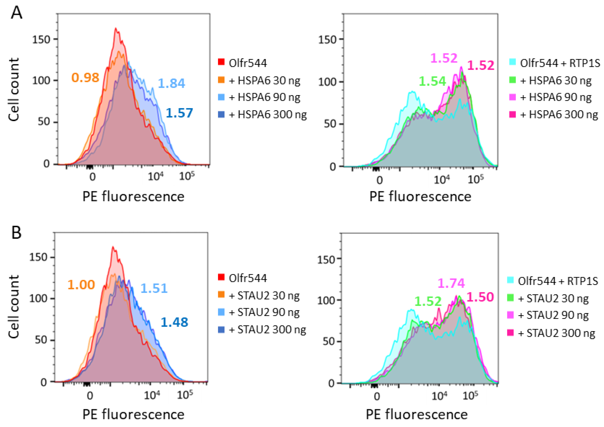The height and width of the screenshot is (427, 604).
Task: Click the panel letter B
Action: coord(16,232)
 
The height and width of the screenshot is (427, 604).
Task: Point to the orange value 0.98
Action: coord(85,77)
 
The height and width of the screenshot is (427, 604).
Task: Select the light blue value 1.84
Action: coord(171,83)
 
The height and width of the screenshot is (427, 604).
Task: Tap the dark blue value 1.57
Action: coord(179,113)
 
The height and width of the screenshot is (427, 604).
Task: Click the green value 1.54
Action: coord(432,81)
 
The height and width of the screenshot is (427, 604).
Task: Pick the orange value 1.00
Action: coord(81,285)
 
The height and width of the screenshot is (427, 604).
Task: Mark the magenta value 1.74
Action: coord(451,283)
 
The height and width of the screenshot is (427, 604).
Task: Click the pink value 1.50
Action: coord(480,297)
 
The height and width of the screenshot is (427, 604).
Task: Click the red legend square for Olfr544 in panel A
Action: coord(221,62)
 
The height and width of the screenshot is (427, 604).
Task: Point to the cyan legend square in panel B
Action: coord(510,280)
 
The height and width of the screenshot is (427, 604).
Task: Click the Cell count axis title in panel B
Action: coord(14,307)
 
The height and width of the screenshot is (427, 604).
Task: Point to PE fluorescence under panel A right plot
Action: coord(420,197)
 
